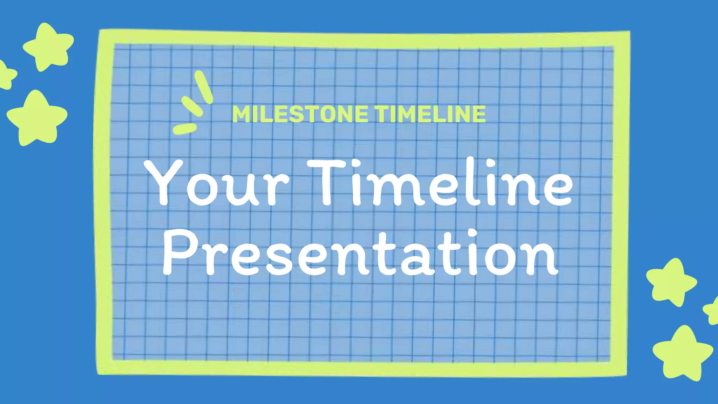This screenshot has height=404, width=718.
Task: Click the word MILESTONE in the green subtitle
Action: [x=300, y=114]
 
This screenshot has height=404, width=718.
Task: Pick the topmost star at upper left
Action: [x=48, y=47]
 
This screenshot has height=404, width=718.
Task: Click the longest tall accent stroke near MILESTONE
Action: [x=204, y=87]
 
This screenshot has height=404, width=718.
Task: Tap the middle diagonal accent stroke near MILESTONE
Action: [x=192, y=106]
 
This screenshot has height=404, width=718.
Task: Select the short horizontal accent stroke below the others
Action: [x=185, y=128]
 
